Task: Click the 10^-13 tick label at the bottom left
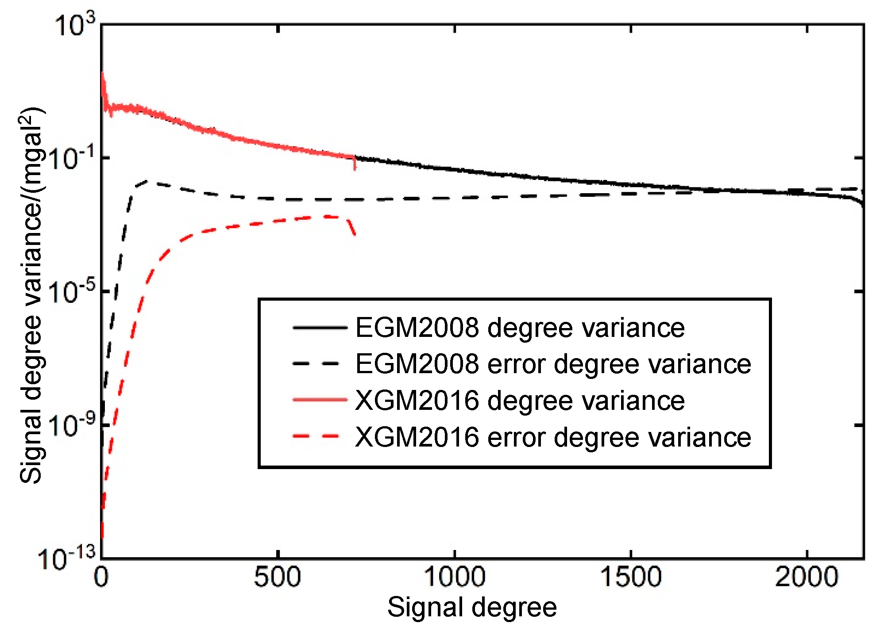click(x=67, y=559)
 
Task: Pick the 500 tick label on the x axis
click(x=278, y=577)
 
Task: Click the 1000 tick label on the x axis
click(x=455, y=577)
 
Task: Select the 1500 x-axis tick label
click(x=631, y=577)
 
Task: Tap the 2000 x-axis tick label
click(x=807, y=577)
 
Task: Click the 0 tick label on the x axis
click(x=101, y=577)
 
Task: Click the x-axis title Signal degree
click(x=472, y=607)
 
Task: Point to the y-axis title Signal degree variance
click(x=31, y=295)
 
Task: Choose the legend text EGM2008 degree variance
click(x=520, y=328)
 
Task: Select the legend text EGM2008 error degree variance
click(x=553, y=364)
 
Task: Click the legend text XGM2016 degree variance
click(x=520, y=401)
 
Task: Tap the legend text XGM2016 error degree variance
click(x=553, y=437)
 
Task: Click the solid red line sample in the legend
click(x=320, y=400)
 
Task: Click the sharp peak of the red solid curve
click(x=103, y=74)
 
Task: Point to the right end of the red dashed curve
click(x=355, y=235)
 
